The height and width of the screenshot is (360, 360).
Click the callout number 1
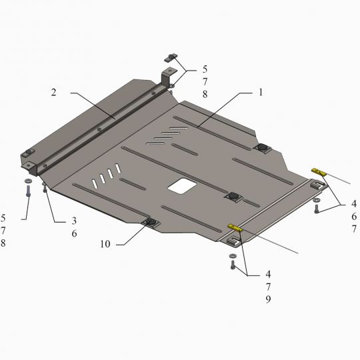261,92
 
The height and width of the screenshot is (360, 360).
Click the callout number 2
53,92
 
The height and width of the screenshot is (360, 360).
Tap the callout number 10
105,244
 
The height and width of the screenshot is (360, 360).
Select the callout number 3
74,221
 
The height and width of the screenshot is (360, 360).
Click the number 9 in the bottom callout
268,299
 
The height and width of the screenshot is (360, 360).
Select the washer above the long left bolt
28,181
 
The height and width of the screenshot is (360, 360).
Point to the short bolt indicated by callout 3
45,188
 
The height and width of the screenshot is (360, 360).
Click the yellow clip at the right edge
319,172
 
